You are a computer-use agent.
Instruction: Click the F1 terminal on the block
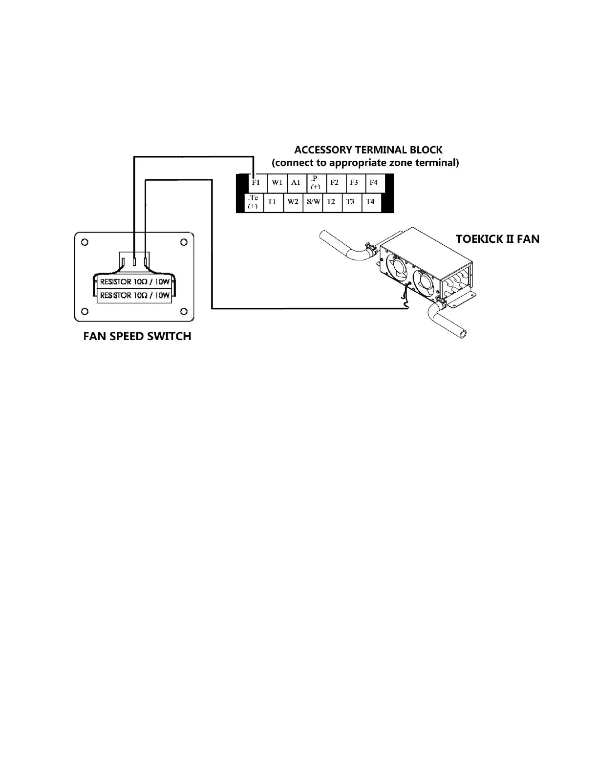(x=256, y=183)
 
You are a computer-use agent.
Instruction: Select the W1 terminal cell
(x=277, y=183)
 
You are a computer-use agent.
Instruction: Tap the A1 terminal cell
(x=296, y=183)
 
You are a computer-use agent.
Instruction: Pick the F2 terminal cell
(x=334, y=183)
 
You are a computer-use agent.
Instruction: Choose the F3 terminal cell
(x=354, y=183)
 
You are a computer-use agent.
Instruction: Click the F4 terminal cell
(x=374, y=183)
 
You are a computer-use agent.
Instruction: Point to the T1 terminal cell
(x=273, y=202)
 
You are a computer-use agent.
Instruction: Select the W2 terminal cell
(x=293, y=202)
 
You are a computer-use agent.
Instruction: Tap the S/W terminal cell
(x=313, y=202)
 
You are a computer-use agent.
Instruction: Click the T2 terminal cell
(x=331, y=202)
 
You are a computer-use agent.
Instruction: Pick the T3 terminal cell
(x=350, y=202)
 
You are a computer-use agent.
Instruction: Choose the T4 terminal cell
(x=370, y=202)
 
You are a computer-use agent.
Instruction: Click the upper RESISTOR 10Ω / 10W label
(x=135, y=282)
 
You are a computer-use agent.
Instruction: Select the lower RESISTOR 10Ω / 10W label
(x=135, y=296)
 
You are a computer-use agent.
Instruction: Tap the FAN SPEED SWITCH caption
(x=137, y=336)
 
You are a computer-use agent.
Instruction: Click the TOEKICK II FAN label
(x=497, y=239)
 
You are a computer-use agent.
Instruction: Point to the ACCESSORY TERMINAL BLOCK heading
(x=368, y=150)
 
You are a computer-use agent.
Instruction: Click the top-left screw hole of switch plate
(x=85, y=242)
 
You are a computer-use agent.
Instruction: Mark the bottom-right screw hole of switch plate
(x=184, y=311)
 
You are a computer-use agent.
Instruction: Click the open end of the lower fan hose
(x=462, y=334)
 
